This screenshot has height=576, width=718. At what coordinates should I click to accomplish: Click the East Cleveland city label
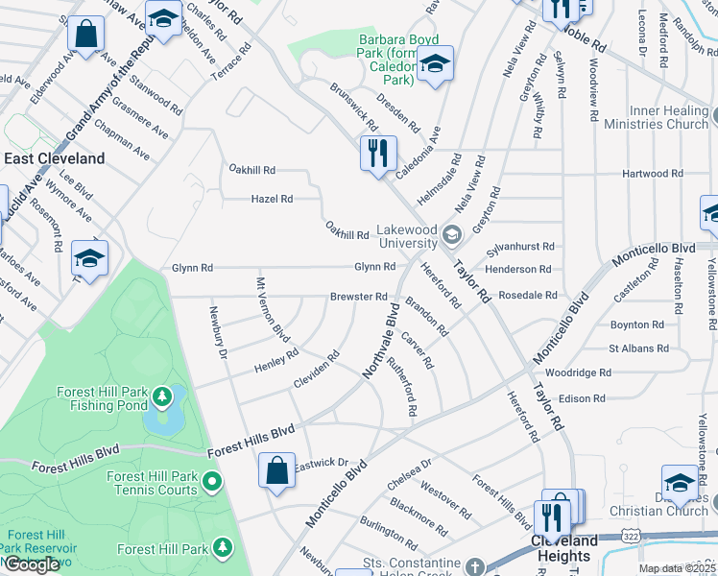tap(55, 158)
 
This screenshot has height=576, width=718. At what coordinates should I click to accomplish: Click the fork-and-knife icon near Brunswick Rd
tap(378, 153)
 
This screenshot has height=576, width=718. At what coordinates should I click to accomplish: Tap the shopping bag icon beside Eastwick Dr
tap(276, 470)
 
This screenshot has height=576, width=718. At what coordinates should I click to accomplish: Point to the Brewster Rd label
tap(358, 297)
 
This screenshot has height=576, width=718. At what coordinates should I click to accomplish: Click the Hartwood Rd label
tap(652, 174)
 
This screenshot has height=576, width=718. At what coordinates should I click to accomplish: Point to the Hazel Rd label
tap(272, 199)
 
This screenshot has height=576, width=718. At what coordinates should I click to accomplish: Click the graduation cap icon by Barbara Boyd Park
tap(435, 65)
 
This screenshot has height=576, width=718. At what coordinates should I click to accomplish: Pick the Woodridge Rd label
tap(578, 372)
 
